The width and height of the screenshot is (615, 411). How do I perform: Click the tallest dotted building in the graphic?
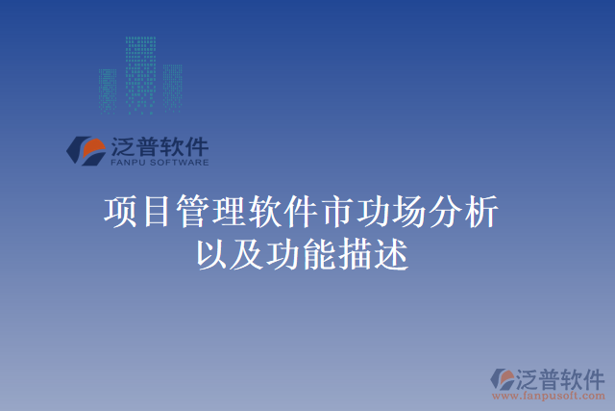[141, 72]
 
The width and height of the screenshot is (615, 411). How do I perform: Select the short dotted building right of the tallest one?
[173, 87]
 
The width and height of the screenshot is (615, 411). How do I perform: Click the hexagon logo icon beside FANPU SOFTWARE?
[85, 149]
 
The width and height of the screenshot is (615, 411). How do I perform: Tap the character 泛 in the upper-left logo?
[123, 146]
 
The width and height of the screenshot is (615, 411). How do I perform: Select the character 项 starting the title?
[120, 212]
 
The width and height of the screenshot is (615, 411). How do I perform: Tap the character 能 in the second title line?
[316, 254]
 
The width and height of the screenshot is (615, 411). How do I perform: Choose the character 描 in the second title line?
[352, 254]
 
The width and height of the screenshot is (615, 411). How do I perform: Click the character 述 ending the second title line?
[388, 254]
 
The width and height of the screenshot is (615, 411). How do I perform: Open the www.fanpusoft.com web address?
[550, 395]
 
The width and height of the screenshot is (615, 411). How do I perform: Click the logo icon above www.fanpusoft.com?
[504, 377]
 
